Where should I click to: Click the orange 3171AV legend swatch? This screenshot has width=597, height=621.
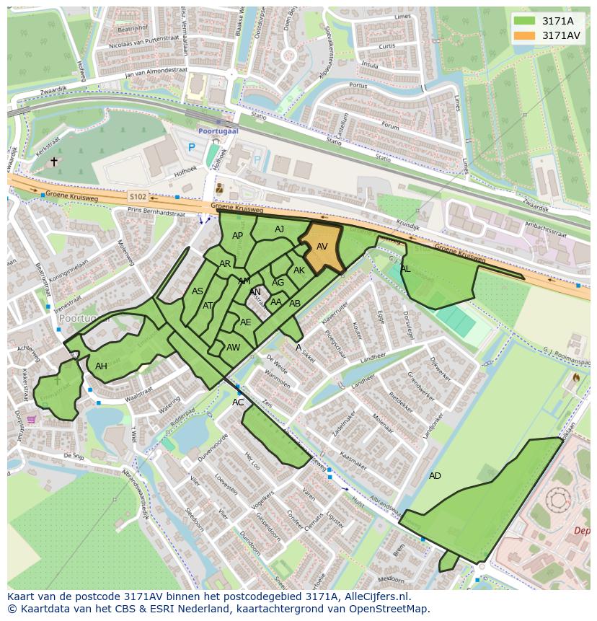525,35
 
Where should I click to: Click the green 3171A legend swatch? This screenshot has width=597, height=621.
525,21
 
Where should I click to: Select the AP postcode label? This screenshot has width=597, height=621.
237,236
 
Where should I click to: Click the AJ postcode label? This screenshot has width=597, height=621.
280,229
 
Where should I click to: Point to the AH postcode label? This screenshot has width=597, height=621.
101,366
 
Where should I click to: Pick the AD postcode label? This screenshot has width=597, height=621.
435,476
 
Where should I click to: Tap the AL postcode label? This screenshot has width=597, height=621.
405,269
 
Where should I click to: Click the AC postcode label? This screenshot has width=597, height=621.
238,402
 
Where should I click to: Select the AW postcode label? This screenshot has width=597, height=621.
233,347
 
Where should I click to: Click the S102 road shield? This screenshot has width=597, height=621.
137,196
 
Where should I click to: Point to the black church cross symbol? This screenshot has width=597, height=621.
53,162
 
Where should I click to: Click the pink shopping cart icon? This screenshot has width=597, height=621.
32,419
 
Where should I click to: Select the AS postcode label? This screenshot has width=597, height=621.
197,291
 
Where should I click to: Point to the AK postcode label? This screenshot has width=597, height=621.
299,270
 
